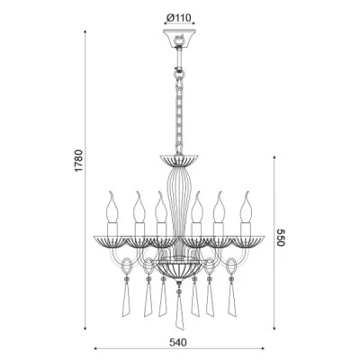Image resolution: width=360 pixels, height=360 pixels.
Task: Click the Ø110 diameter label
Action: (x=179, y=18)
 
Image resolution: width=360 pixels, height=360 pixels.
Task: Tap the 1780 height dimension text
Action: (x=79, y=160)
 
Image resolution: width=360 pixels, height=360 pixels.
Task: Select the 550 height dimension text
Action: (x=281, y=238)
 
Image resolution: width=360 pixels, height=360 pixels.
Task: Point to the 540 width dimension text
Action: (x=178, y=342)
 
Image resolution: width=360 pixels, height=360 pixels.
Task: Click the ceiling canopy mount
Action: (x=179, y=39)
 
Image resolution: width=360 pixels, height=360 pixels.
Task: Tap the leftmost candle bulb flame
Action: (x=112, y=207)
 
